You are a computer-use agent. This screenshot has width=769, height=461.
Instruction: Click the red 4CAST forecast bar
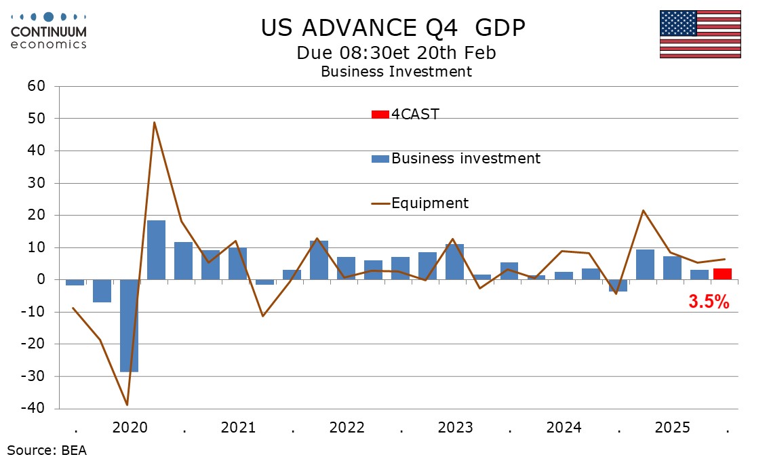pyautogui.click(x=722, y=274)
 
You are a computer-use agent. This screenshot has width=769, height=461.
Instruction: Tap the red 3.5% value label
pyautogui.click(x=709, y=302)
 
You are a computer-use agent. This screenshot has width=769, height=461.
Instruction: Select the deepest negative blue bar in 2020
pyautogui.click(x=130, y=325)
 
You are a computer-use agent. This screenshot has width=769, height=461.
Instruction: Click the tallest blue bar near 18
pyautogui.click(x=157, y=249)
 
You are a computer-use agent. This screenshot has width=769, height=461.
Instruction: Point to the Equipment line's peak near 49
pyautogui.click(x=155, y=123)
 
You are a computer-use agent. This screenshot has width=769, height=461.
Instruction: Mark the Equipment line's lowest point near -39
pyautogui.click(x=127, y=405)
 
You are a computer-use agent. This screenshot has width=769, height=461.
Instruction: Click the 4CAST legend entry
pyautogui.click(x=406, y=114)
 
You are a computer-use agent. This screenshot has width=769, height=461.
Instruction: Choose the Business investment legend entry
pyautogui.click(x=456, y=159)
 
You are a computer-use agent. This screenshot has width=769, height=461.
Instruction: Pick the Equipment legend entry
pyautogui.click(x=420, y=203)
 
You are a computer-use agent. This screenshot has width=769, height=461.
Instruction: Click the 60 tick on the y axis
pyautogui.click(x=36, y=86)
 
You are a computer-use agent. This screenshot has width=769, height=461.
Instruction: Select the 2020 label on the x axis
pyautogui.click(x=130, y=428)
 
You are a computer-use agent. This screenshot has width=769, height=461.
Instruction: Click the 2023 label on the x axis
pyautogui.click(x=456, y=428)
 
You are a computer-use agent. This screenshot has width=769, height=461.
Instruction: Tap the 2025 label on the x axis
pyautogui.click(x=673, y=428)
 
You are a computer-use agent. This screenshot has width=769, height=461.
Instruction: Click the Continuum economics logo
pyautogui.click(x=48, y=29)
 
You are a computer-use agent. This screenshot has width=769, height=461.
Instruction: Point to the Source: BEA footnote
pyautogui.click(x=47, y=449)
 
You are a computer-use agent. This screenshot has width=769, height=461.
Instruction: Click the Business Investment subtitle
pyautogui.click(x=396, y=71)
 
